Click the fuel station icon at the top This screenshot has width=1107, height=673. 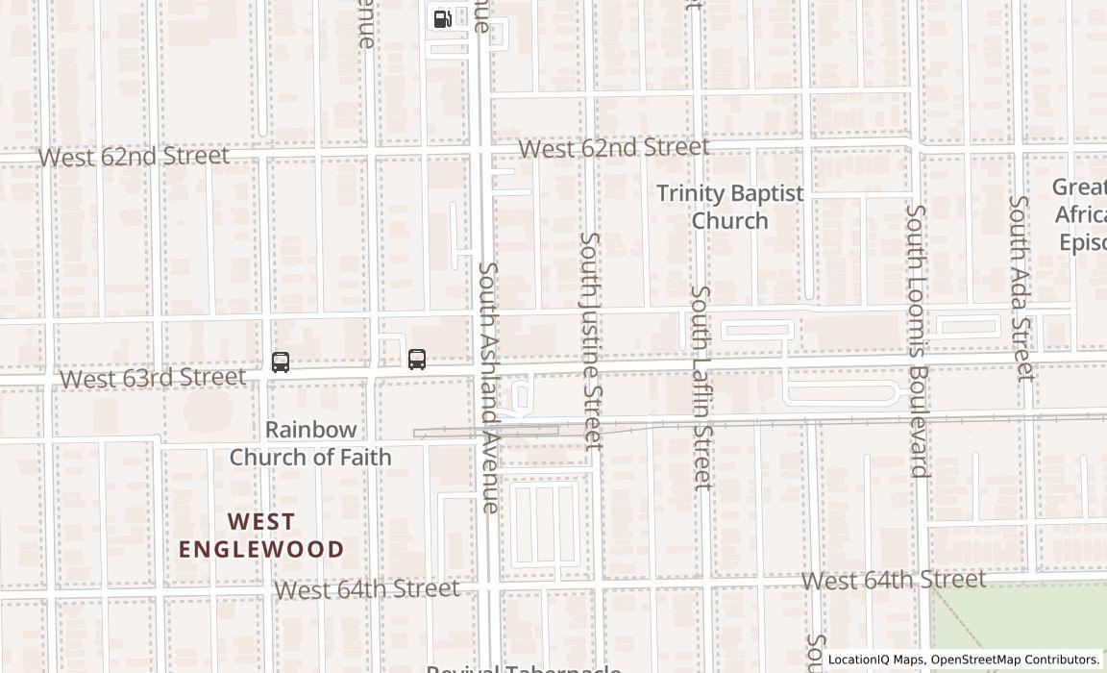point(442,18)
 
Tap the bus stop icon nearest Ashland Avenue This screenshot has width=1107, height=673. point(416,360)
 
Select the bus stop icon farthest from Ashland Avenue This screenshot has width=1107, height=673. point(281,362)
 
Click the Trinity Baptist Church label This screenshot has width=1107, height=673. point(730,206)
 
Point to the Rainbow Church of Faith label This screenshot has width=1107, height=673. point(310,443)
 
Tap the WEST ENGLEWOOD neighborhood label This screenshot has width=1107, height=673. point(261,536)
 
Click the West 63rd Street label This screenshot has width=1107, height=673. point(153,378)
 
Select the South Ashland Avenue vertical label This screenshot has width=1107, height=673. point(489,386)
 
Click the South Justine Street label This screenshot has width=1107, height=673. point(590,340)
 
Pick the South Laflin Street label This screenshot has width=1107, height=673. point(701,386)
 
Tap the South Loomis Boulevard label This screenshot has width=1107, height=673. point(918,340)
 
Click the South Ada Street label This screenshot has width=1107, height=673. point(1020,287)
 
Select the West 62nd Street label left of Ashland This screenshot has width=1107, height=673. point(134,156)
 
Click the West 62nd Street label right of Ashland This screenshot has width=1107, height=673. point(614,148)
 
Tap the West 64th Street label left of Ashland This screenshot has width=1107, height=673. point(367,588)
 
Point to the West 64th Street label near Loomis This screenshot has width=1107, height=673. point(894,580)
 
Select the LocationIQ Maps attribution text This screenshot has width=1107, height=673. point(964,660)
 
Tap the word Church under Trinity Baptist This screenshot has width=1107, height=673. point(730,220)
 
